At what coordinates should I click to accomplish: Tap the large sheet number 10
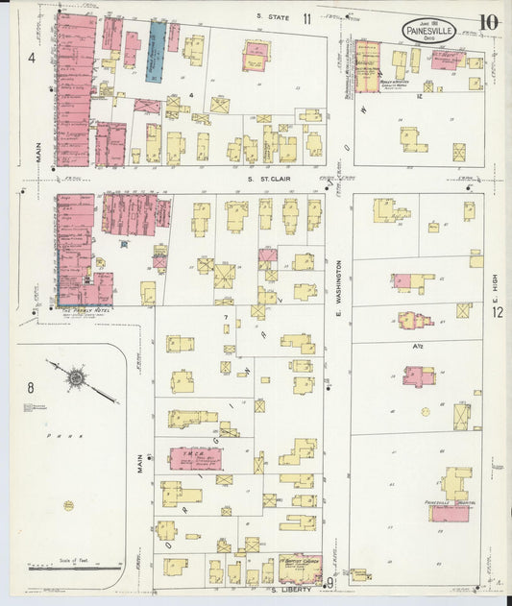pos(489,21)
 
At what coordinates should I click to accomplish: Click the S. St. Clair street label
pos(268,178)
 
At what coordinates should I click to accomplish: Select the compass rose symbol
pos(76,378)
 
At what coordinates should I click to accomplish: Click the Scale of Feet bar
pos(61,569)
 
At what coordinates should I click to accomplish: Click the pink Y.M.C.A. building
pos(195,458)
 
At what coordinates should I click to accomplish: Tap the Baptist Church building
pos(300,569)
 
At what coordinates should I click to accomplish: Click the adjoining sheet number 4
pos(32,58)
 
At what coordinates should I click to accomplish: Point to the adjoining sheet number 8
pos(31,388)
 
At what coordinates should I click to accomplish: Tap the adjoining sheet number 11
pos(306,18)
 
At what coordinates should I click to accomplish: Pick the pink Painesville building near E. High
pos(449,513)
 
